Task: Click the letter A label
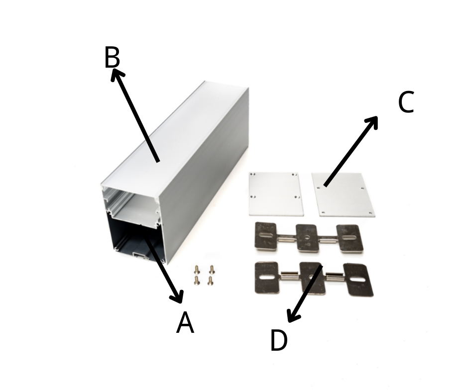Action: [185, 322]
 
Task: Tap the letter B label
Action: [112, 57]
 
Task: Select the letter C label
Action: [406, 102]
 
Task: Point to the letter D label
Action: [279, 340]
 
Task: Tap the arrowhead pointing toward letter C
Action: [372, 122]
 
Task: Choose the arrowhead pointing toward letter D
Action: [292, 316]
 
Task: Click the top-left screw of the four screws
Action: [196, 270]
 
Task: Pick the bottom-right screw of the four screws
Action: [211, 281]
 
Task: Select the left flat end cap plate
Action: [276, 194]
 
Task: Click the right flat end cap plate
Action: [343, 195]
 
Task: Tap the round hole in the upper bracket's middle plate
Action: [307, 238]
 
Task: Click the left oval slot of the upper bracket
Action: [265, 235]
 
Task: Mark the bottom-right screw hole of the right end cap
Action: [370, 213]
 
